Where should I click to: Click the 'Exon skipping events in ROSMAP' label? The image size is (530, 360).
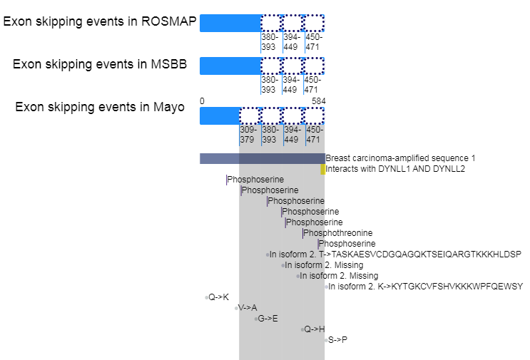tap(100, 21)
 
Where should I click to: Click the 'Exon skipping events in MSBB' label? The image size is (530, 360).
tap(100, 65)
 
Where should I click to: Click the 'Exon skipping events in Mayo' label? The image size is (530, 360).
tap(100, 108)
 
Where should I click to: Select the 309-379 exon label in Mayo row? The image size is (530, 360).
tap(248, 135)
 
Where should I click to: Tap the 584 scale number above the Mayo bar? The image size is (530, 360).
tap(319, 101)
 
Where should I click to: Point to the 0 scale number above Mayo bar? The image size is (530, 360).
tap(202, 101)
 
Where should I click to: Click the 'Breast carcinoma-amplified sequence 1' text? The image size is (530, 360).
tap(400, 158)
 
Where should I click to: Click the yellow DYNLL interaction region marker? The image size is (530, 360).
tap(322, 169)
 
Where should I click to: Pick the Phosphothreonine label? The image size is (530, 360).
tap(338, 233)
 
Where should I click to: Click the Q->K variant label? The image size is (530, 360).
tap(218, 297)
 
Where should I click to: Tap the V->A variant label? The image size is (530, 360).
tap(248, 308)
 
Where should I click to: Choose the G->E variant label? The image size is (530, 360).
tap(267, 319)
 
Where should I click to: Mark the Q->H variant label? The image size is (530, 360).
tap(314, 329)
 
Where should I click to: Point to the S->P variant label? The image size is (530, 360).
tap(337, 340)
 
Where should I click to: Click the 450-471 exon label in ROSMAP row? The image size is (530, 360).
tap(313, 42)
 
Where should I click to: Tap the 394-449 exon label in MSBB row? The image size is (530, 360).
tap(291, 85)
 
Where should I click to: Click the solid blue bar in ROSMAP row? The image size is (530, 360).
tap(230, 23)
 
